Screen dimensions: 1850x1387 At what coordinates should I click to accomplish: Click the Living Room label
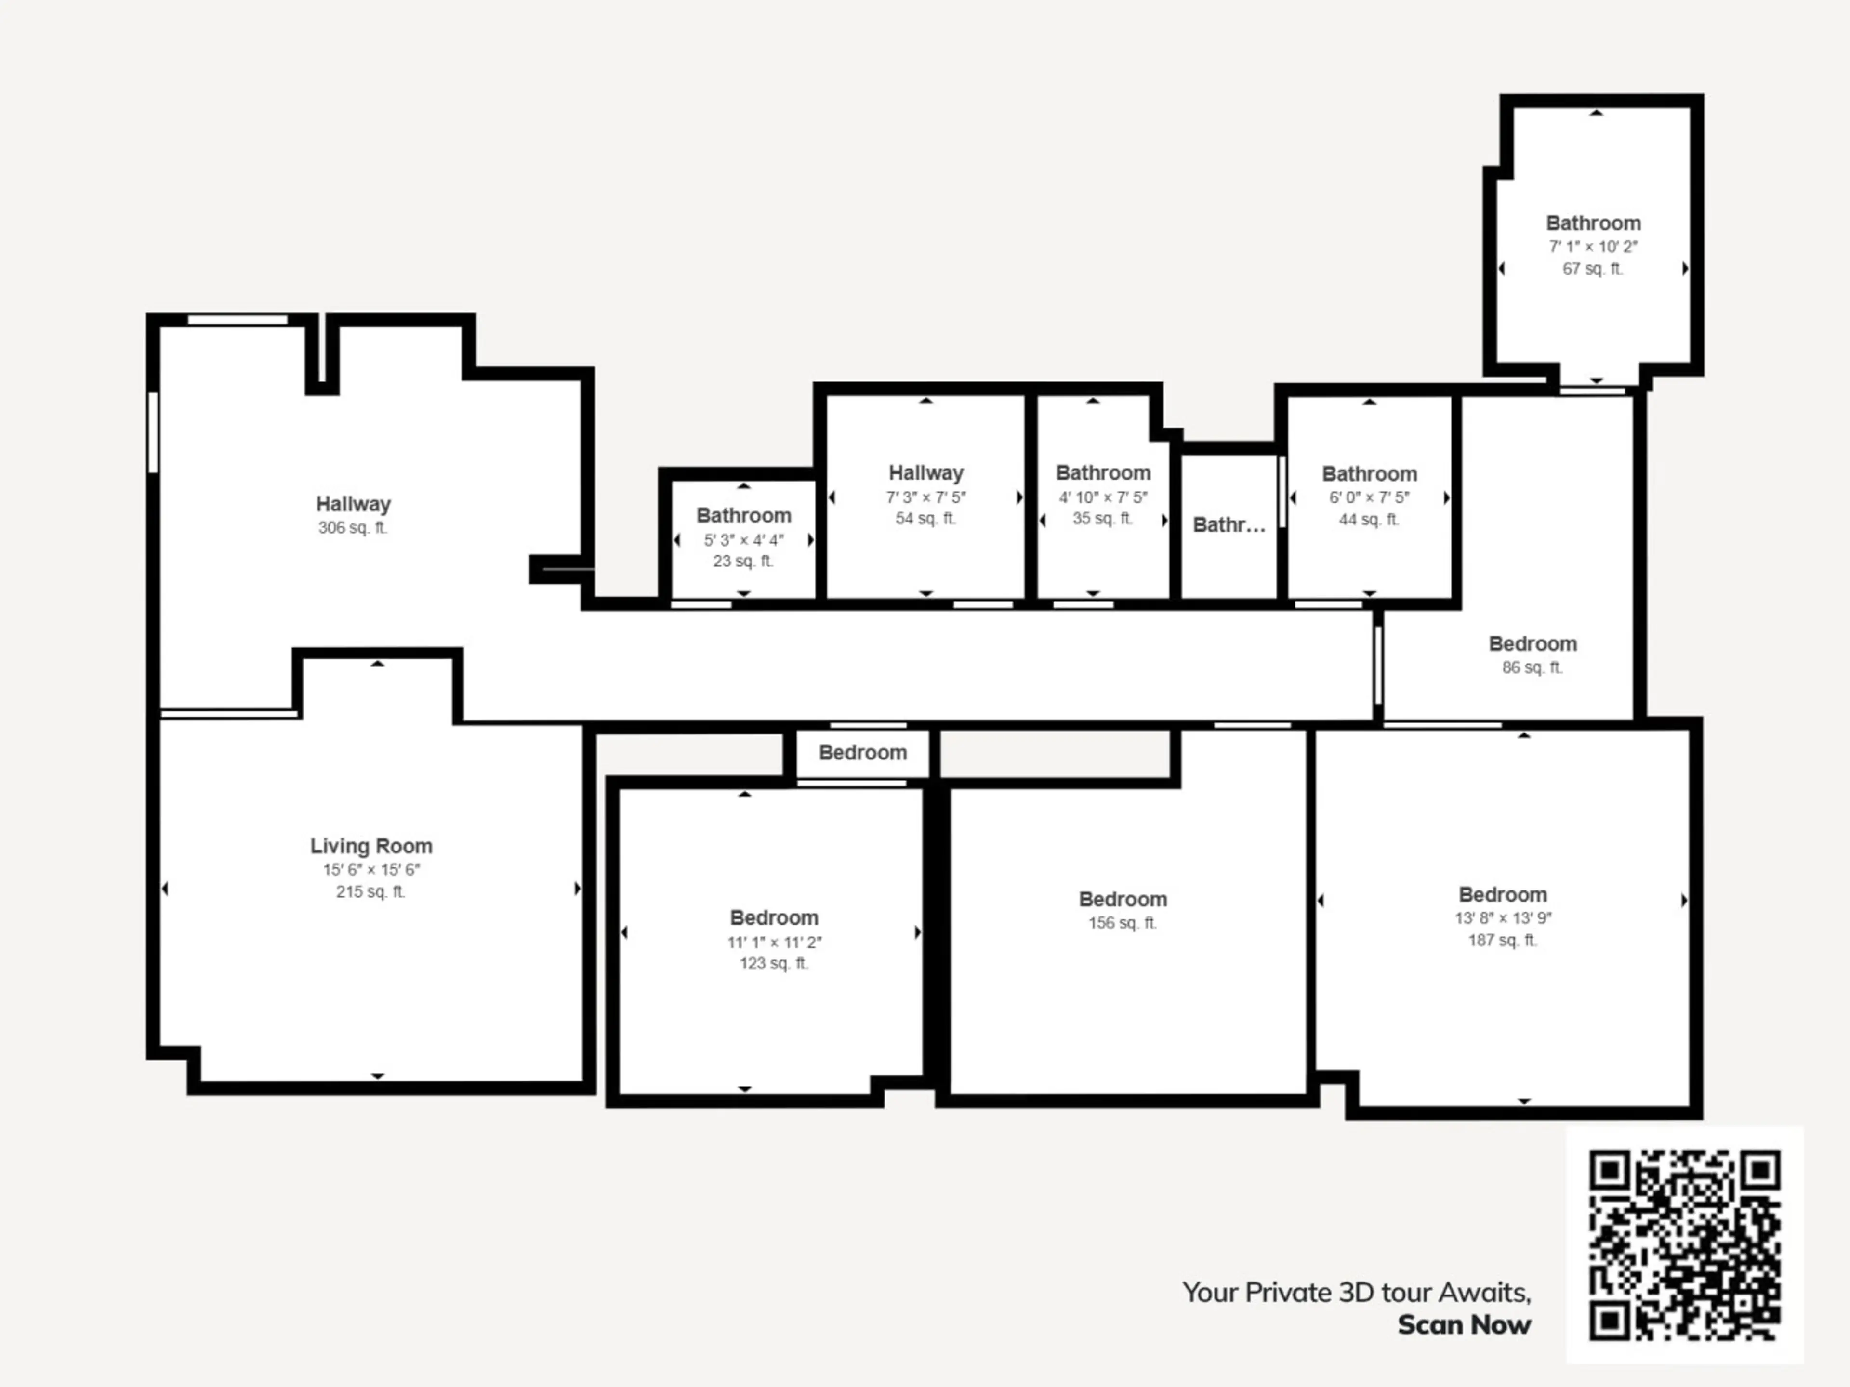(x=371, y=846)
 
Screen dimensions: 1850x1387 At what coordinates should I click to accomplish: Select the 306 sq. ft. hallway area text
(x=353, y=527)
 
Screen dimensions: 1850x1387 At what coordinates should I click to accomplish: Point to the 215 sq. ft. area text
(x=370, y=892)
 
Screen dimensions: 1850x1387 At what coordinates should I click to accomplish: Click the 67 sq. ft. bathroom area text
(x=1592, y=268)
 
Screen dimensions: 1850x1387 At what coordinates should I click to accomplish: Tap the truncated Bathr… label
(x=1229, y=525)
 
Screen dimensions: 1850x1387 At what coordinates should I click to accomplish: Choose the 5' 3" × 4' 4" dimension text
(x=743, y=540)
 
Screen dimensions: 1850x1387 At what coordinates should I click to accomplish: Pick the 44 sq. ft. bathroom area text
(x=1369, y=519)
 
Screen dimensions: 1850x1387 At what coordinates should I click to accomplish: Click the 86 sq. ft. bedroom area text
(x=1532, y=667)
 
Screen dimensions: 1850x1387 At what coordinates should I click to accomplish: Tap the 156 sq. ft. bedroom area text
(x=1123, y=923)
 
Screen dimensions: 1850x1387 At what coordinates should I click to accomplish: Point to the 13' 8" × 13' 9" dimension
(x=1503, y=918)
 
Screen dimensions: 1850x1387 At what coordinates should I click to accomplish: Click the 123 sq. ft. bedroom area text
(x=774, y=963)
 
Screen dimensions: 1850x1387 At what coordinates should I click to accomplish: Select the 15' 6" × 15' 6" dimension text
(x=371, y=869)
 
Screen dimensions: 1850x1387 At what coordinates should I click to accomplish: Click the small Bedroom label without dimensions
(x=862, y=752)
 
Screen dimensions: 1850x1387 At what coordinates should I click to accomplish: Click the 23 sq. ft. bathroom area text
(x=743, y=561)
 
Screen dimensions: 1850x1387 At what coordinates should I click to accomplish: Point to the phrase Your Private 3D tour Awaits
(x=1357, y=1293)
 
